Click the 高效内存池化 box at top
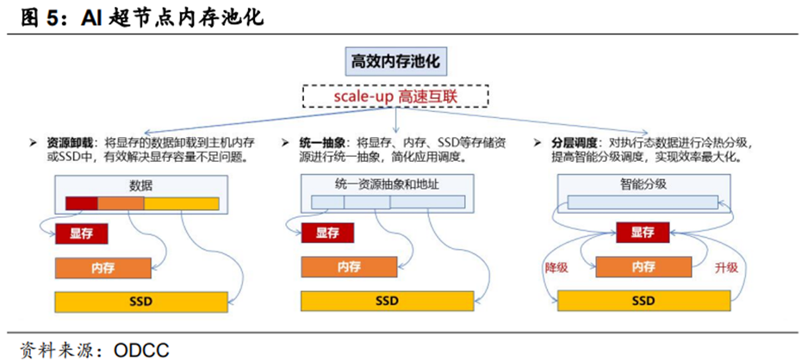397,62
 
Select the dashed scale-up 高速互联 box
396,96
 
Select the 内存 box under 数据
97,268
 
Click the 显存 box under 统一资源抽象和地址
327,233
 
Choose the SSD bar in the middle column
387,302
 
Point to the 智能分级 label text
643,184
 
